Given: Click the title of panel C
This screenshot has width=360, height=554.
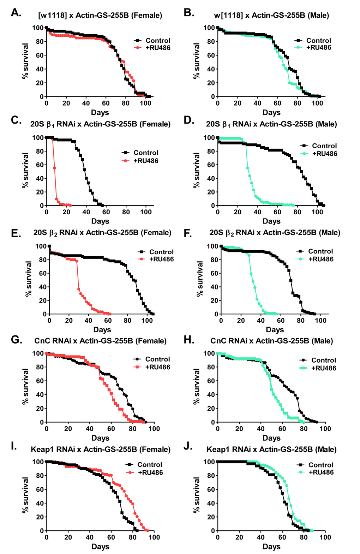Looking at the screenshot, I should click(100, 124).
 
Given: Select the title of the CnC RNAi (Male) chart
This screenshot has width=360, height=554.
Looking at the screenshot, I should click(271, 341).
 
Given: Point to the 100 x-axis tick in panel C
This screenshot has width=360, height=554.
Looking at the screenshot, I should click(146, 212).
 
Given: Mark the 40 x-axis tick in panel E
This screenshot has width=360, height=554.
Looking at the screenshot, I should click(88, 321).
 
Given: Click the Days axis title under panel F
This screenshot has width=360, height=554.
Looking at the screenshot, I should click(275, 329).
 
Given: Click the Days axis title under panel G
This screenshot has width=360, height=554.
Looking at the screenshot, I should click(100, 438).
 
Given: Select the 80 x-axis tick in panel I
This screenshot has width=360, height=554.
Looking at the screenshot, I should click(132, 537).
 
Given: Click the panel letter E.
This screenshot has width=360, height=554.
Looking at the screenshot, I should click(16, 233).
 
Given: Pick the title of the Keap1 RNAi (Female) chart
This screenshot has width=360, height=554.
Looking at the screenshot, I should click(101, 449).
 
